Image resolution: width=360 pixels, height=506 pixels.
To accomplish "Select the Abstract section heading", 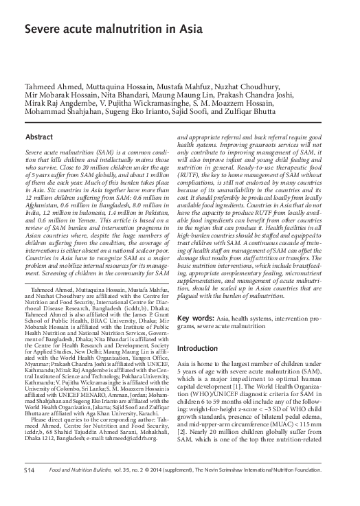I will pos(40,137).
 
